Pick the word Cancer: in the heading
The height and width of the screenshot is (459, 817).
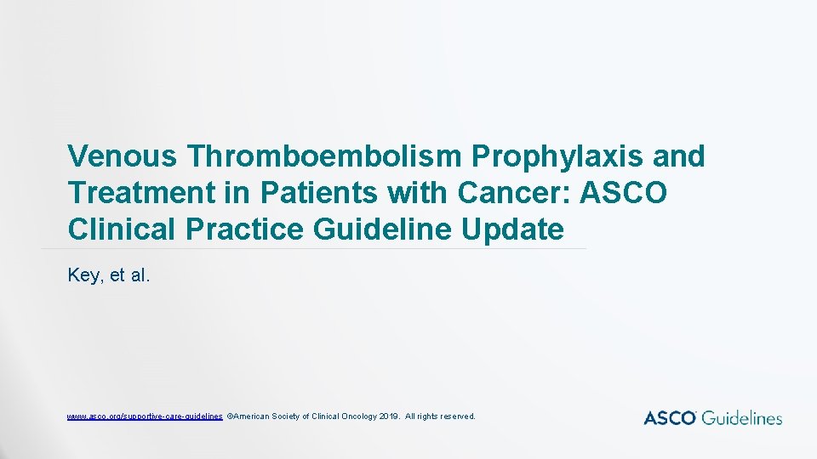coord(513,193)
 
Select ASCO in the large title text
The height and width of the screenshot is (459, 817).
coord(624,193)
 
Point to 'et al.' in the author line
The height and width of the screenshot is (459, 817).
coord(131,275)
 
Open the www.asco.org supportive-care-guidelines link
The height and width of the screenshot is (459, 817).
coord(145,416)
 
